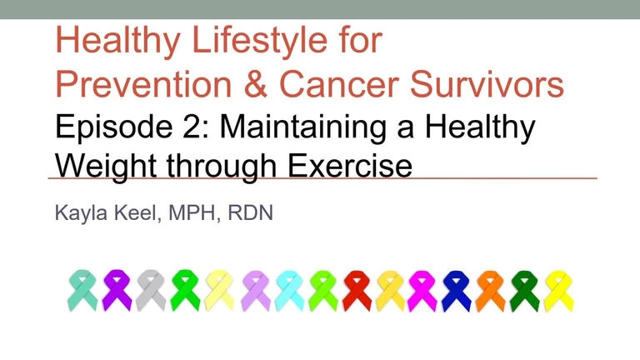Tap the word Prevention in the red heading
143,84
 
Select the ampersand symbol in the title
256,84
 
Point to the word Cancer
339,84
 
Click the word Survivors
487,84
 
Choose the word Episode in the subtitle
114,127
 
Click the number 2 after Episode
192,127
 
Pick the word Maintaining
302,127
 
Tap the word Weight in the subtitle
106,167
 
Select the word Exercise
350,166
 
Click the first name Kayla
81,213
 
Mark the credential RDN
250,212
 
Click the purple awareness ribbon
117,290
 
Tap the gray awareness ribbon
151,290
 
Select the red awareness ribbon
357,291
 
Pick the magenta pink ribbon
422,291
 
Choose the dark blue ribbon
457,291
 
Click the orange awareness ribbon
490,291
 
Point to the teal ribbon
82,290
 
